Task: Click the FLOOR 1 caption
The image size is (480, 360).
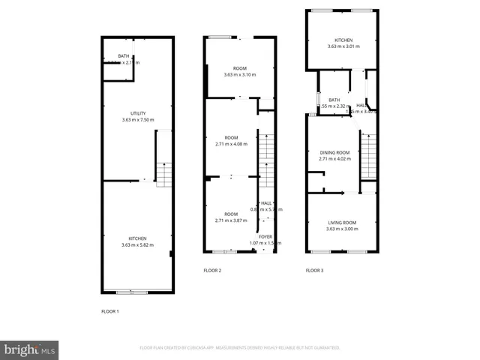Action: click(110, 310)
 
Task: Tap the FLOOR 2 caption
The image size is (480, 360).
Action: click(212, 270)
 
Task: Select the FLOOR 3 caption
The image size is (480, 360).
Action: click(314, 270)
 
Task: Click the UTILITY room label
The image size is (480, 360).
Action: click(137, 113)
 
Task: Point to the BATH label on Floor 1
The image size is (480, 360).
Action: click(112, 56)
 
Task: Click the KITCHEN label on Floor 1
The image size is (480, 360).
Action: click(137, 238)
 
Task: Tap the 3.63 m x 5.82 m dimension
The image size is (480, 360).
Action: click(137, 245)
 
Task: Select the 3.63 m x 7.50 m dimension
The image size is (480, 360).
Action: click(137, 120)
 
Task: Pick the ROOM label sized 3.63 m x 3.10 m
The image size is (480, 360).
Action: click(239, 68)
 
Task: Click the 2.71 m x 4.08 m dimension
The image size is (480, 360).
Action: click(231, 145)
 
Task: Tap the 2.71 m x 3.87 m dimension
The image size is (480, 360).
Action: click(231, 220)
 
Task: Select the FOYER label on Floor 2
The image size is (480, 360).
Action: click(265, 236)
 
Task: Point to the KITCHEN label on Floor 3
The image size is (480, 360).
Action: click(343, 40)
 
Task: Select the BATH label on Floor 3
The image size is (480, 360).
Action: click(334, 100)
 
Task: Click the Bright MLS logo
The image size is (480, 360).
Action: click(30, 349)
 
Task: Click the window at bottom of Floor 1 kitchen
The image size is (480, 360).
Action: click(127, 291)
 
